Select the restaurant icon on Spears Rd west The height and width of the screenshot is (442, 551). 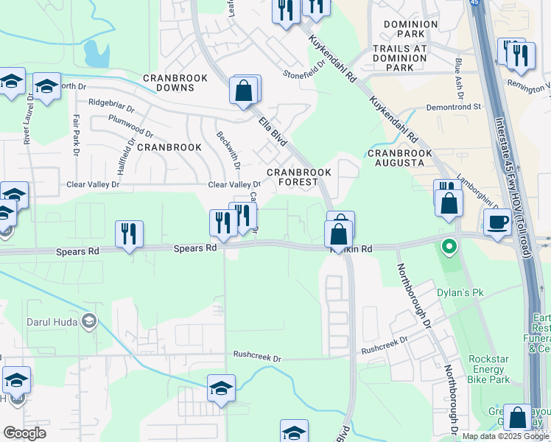[129, 234]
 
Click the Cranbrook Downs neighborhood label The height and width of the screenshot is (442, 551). [169, 83]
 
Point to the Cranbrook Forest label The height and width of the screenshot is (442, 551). [299, 177]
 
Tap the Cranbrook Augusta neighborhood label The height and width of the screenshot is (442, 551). [399, 158]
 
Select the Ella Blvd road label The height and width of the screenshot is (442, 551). [272, 130]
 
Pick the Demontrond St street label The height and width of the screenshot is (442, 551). [456, 107]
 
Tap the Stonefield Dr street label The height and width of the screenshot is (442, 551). [304, 74]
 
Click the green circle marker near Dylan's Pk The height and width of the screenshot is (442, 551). [448, 246]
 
